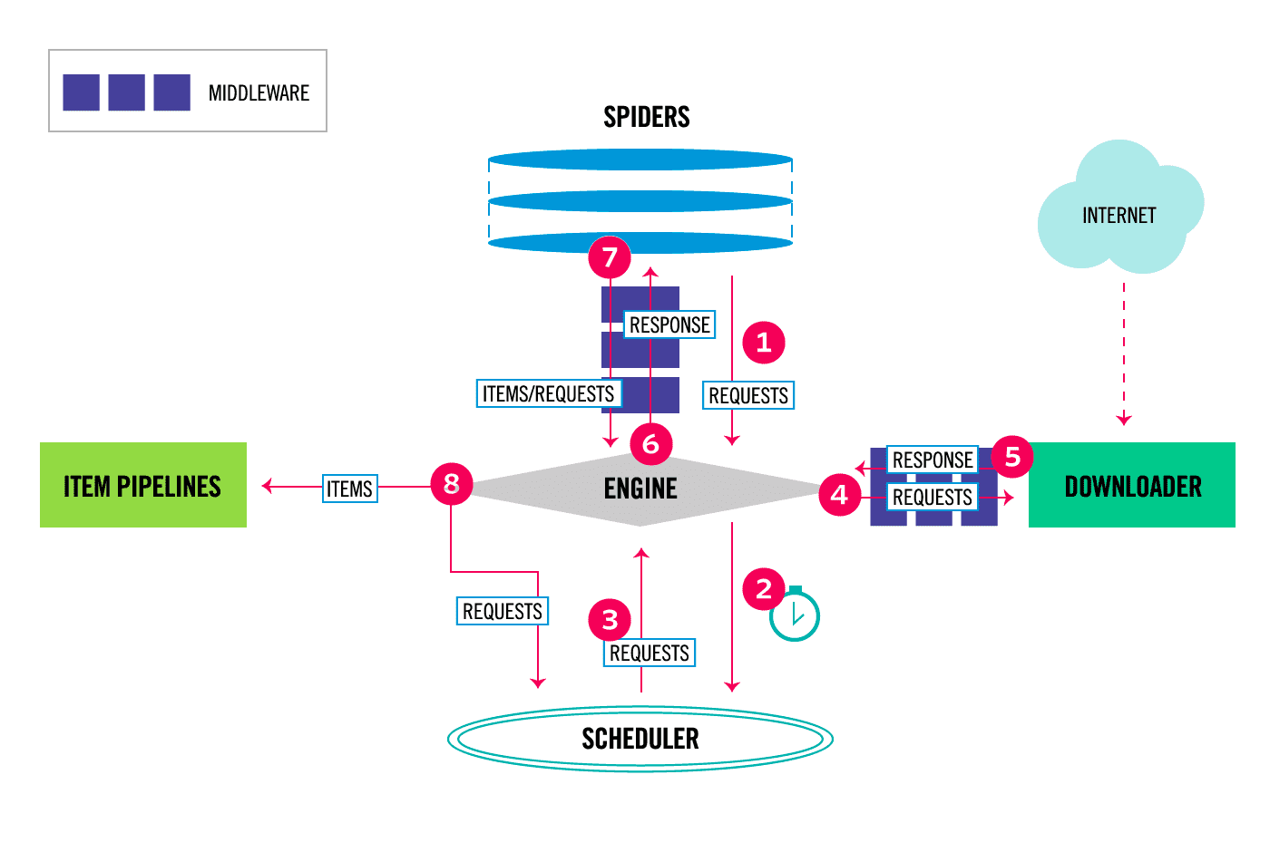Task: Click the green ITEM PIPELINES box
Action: click(x=142, y=485)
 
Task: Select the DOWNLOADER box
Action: click(x=1131, y=485)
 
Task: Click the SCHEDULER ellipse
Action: click(x=640, y=739)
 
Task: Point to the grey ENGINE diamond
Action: click(x=640, y=489)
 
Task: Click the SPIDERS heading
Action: click(x=646, y=117)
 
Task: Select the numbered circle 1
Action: click(x=763, y=343)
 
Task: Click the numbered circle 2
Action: click(x=763, y=589)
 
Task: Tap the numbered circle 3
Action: click(x=610, y=620)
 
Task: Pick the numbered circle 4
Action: click(x=839, y=495)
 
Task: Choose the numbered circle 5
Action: click(x=1012, y=457)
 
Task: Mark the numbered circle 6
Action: click(x=650, y=444)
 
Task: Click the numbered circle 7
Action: click(x=610, y=257)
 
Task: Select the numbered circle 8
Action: click(x=451, y=484)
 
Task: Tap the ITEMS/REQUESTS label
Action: click(x=548, y=393)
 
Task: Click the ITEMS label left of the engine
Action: click(x=349, y=489)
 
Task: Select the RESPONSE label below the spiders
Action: click(x=669, y=324)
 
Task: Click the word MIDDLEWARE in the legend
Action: click(x=259, y=93)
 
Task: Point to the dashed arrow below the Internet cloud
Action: click(x=1123, y=353)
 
